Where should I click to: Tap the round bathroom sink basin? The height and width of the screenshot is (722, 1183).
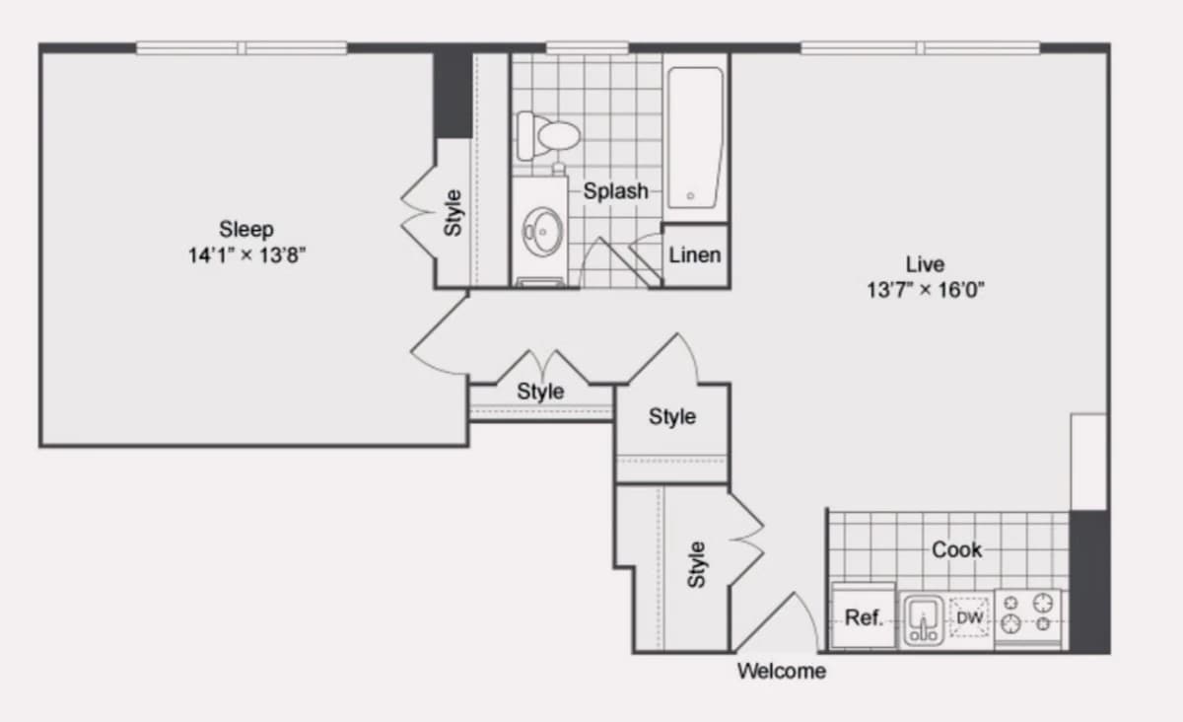pos(542,232)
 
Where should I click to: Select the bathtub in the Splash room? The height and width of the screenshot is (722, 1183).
pos(695,138)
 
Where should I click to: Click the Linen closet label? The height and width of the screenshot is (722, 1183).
pos(694,255)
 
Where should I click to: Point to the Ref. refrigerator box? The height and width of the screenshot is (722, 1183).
pos(863,615)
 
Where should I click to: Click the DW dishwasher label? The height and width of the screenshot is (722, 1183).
pos(970,617)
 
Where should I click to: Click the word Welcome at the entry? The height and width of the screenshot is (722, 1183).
pos(782,671)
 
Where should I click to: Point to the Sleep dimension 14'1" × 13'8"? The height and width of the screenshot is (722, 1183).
pos(246,255)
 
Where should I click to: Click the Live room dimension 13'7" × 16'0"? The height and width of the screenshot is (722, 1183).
pos(926,290)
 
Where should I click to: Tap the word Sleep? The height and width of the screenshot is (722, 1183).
pos(246,230)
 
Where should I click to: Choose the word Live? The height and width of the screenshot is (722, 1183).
pos(926,263)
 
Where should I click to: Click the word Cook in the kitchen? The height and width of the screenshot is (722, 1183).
pos(956,549)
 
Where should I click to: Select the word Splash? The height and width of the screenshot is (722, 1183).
pos(615,190)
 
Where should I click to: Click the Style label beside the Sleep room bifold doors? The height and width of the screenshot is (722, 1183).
pos(453,212)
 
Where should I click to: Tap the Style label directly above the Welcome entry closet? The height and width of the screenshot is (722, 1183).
pos(671,416)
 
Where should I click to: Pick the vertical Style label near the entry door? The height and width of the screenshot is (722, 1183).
pos(697,564)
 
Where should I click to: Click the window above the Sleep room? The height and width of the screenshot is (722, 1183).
pos(242,48)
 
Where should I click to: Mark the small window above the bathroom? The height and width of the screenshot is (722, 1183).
pos(587,48)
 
